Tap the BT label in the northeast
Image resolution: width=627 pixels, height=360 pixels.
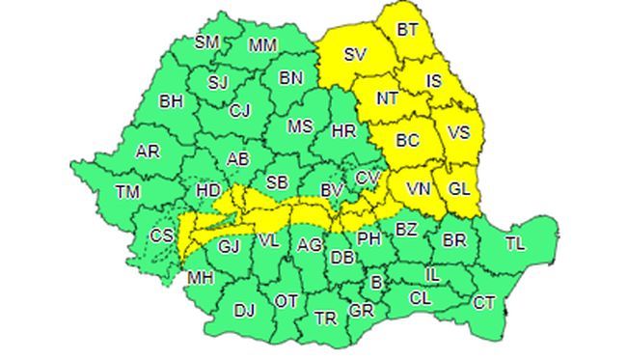[x=409, y=31]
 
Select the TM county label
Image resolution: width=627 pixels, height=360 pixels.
[x=127, y=192]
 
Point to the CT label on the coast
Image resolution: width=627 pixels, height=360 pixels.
[x=484, y=304]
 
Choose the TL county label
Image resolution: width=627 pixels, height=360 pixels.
[x=516, y=244]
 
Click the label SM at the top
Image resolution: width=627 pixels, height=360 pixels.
[x=207, y=42]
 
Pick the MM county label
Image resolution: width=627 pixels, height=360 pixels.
[x=262, y=45]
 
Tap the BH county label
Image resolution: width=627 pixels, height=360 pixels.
[x=172, y=100]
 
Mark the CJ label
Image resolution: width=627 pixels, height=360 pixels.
[x=240, y=110]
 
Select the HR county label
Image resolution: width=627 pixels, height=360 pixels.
[x=343, y=131]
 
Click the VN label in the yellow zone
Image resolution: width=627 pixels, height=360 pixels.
[x=419, y=188]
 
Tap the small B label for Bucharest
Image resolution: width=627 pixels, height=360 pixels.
[x=377, y=283]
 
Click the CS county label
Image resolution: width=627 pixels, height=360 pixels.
[x=162, y=235]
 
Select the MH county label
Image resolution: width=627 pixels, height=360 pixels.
[x=201, y=279]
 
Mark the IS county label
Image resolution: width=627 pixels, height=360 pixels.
[x=433, y=81]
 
